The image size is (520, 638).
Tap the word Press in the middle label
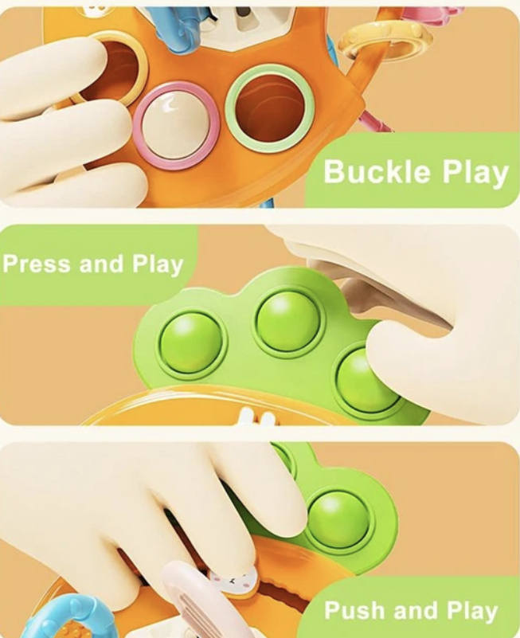point(37,264)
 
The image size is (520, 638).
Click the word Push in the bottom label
point(355,610)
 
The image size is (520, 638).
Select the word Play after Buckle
point(475,174)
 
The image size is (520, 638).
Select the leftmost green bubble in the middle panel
point(191,344)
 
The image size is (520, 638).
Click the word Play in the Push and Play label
point(472,612)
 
